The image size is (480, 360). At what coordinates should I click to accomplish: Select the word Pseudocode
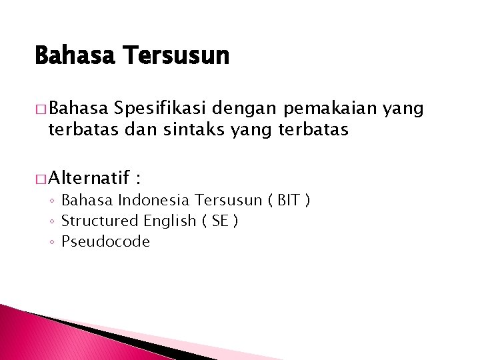[x=105, y=241]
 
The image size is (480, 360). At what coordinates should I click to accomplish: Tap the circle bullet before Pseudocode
[x=53, y=242]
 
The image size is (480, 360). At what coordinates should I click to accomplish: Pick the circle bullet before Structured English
[x=53, y=221]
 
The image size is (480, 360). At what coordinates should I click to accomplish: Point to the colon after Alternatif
[x=138, y=179]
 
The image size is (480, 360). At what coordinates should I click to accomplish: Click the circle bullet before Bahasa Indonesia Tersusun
[x=53, y=200]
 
